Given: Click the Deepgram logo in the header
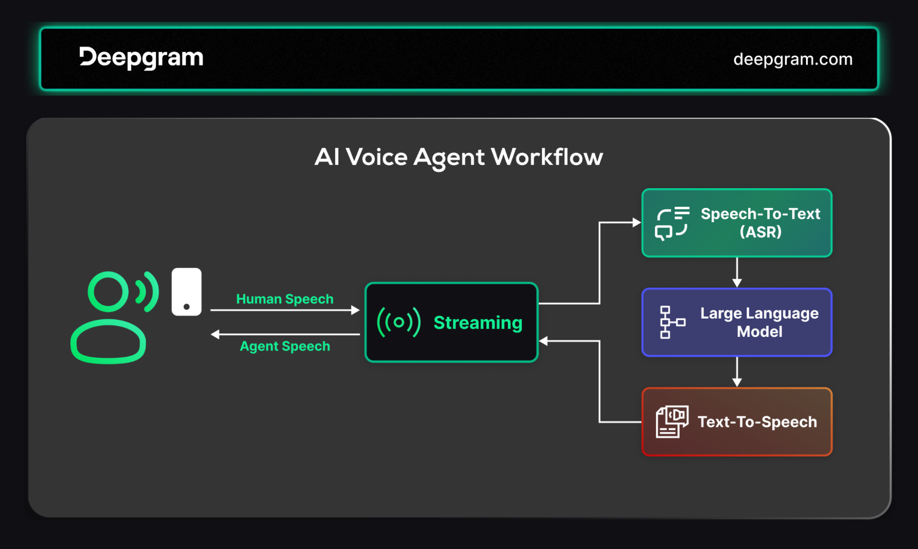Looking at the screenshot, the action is tap(141, 58).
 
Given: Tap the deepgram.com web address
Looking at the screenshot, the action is tap(793, 59).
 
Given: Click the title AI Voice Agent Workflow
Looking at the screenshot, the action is tap(459, 157).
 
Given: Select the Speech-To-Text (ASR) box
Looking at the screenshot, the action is tap(737, 223).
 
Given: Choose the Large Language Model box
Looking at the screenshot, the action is tap(737, 322).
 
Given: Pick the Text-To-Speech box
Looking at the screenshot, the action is tap(737, 422).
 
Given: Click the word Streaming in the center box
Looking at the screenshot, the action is tap(478, 323).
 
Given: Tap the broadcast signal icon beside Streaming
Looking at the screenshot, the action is tap(399, 322).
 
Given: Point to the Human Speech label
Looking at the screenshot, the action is tap(285, 299).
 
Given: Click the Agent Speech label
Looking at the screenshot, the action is tap(285, 346).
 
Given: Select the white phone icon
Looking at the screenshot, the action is tap(186, 292).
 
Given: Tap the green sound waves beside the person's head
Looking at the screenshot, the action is tap(147, 292).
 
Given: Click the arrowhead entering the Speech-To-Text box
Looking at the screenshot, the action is tap(637, 223).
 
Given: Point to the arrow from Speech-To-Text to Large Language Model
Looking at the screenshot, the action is tap(737, 273).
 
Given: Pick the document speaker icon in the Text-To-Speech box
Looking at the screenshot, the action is tap(672, 422).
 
